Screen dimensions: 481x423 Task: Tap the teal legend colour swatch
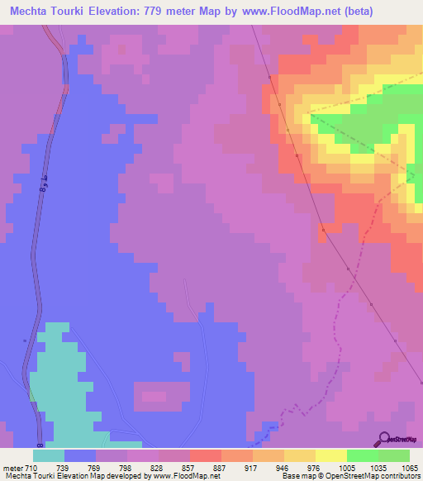pyautogui.click(x=49, y=455)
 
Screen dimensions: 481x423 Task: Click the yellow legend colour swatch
pyautogui.click(x=330, y=455)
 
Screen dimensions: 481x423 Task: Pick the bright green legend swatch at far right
pyautogui.click(x=393, y=455)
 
